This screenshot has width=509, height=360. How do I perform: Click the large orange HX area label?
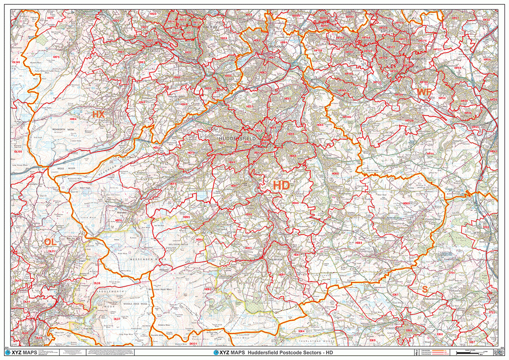(98, 114)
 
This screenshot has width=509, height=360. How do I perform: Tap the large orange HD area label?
(281, 185)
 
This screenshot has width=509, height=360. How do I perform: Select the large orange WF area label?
(424, 92)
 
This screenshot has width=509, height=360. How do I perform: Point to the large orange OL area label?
(50, 242)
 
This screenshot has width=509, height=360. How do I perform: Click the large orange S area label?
(424, 289)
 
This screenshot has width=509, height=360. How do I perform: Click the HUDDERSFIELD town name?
(237, 138)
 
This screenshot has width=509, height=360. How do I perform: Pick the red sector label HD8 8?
(359, 243)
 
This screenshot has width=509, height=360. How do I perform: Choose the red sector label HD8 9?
(407, 203)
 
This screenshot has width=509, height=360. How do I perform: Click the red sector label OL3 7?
(117, 319)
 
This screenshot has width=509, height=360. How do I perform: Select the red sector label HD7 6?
(118, 220)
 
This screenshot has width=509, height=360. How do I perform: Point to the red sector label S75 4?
(451, 273)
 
